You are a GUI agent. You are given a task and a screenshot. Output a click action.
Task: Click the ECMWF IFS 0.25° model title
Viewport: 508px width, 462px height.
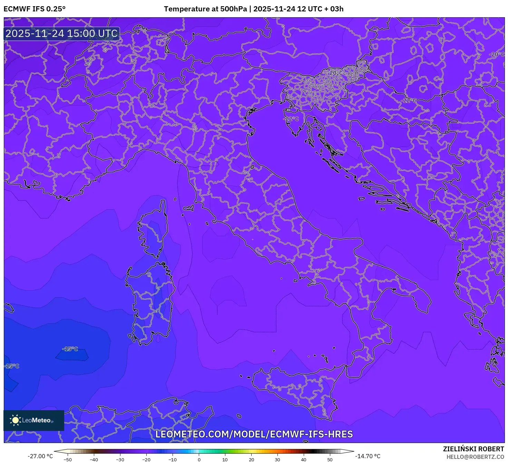[35, 9]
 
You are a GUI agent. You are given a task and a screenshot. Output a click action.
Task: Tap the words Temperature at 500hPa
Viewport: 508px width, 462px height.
[205, 9]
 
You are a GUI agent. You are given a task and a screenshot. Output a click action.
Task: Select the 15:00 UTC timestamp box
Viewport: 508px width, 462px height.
[62, 33]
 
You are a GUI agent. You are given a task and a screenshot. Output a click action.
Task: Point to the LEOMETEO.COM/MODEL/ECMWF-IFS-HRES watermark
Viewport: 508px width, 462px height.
[254, 434]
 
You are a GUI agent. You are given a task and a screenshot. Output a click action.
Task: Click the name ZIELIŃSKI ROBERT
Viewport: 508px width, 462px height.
[473, 449]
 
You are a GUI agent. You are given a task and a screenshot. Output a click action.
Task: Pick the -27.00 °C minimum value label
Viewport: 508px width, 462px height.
[40, 456]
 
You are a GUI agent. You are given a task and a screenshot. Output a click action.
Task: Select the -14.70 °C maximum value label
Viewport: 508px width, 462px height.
[368, 456]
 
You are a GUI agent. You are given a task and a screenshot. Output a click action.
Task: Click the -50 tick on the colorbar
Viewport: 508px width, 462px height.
[68, 459]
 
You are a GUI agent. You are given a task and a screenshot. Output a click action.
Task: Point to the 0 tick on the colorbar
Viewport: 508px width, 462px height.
[199, 459]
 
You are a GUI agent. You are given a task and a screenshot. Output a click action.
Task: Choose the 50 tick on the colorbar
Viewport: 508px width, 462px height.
[330, 459]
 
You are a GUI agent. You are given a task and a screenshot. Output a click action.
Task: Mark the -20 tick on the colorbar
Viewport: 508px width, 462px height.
[146, 459]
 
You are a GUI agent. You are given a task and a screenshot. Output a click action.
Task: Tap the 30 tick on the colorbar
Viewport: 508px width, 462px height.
[277, 459]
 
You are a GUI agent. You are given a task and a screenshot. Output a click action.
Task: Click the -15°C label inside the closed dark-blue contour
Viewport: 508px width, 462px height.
[70, 349]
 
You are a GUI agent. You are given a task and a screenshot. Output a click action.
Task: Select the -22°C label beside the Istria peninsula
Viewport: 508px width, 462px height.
[291, 119]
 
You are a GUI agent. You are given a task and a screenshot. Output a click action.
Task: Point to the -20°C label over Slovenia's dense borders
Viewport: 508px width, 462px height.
[335, 73]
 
